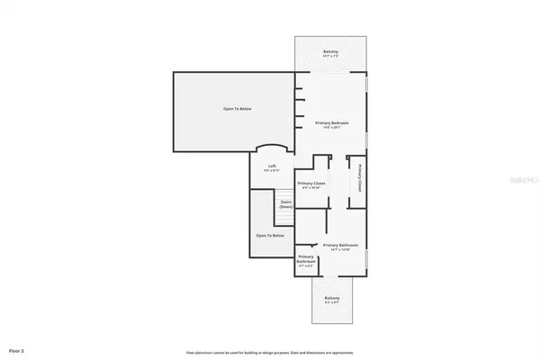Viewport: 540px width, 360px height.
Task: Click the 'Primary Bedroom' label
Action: (331, 122)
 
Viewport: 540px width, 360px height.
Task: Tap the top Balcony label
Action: (330, 52)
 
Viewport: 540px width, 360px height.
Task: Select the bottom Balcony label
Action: (331, 298)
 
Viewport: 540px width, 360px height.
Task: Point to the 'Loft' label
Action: (272, 166)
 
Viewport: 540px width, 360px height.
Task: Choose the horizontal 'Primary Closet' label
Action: (313, 183)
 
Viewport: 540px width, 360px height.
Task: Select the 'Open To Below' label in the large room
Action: (238, 109)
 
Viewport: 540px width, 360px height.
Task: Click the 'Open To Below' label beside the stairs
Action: (270, 235)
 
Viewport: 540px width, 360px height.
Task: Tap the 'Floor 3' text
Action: (16, 349)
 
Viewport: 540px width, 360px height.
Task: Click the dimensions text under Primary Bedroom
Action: (331, 128)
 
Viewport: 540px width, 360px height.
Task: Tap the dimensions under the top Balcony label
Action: (330, 57)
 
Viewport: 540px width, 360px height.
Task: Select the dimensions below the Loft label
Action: (272, 170)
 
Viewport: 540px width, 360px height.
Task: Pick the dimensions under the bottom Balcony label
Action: (331, 303)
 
